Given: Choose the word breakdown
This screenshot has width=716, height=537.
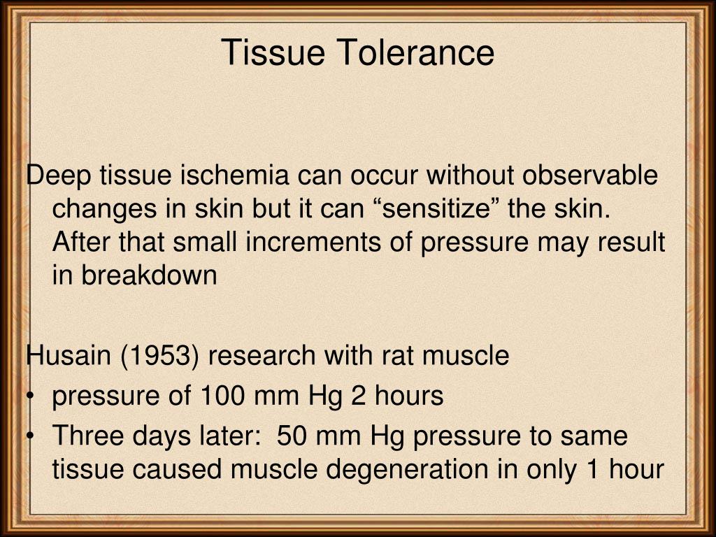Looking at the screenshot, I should click(149, 275).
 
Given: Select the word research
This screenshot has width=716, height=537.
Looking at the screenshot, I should click(262, 356).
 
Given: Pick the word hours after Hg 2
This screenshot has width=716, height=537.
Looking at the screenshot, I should click(409, 396).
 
